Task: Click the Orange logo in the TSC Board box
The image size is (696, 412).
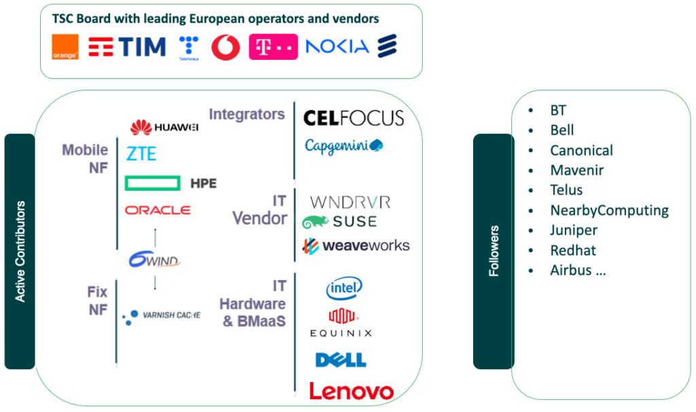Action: (65, 47)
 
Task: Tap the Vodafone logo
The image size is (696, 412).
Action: (226, 47)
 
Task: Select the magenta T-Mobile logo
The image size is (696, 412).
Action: (273, 47)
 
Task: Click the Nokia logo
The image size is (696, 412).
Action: (337, 46)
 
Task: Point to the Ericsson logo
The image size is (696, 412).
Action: (387, 46)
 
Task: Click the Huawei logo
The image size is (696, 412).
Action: (164, 127)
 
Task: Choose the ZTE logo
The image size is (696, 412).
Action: (141, 154)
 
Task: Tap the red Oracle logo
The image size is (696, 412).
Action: (158, 210)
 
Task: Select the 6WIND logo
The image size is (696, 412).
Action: (155, 260)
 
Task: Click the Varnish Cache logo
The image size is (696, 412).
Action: (161, 315)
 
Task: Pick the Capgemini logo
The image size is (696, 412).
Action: (344, 145)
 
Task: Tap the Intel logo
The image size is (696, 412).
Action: (344, 288)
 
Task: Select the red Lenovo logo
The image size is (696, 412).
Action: (351, 391)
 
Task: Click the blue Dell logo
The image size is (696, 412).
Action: (341, 360)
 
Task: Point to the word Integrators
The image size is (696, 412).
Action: (247, 114)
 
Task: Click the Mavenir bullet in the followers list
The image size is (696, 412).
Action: (576, 170)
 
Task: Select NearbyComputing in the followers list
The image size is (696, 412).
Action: (609, 210)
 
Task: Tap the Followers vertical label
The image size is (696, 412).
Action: (494, 251)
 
